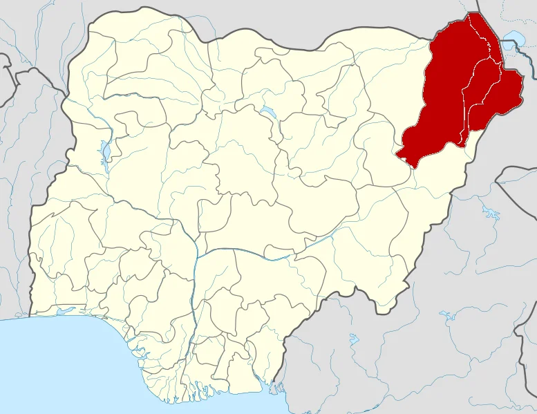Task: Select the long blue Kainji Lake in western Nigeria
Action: coord(105,151)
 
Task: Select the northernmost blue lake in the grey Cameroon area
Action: coord(491,211)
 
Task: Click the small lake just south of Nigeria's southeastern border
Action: coord(355,339)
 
